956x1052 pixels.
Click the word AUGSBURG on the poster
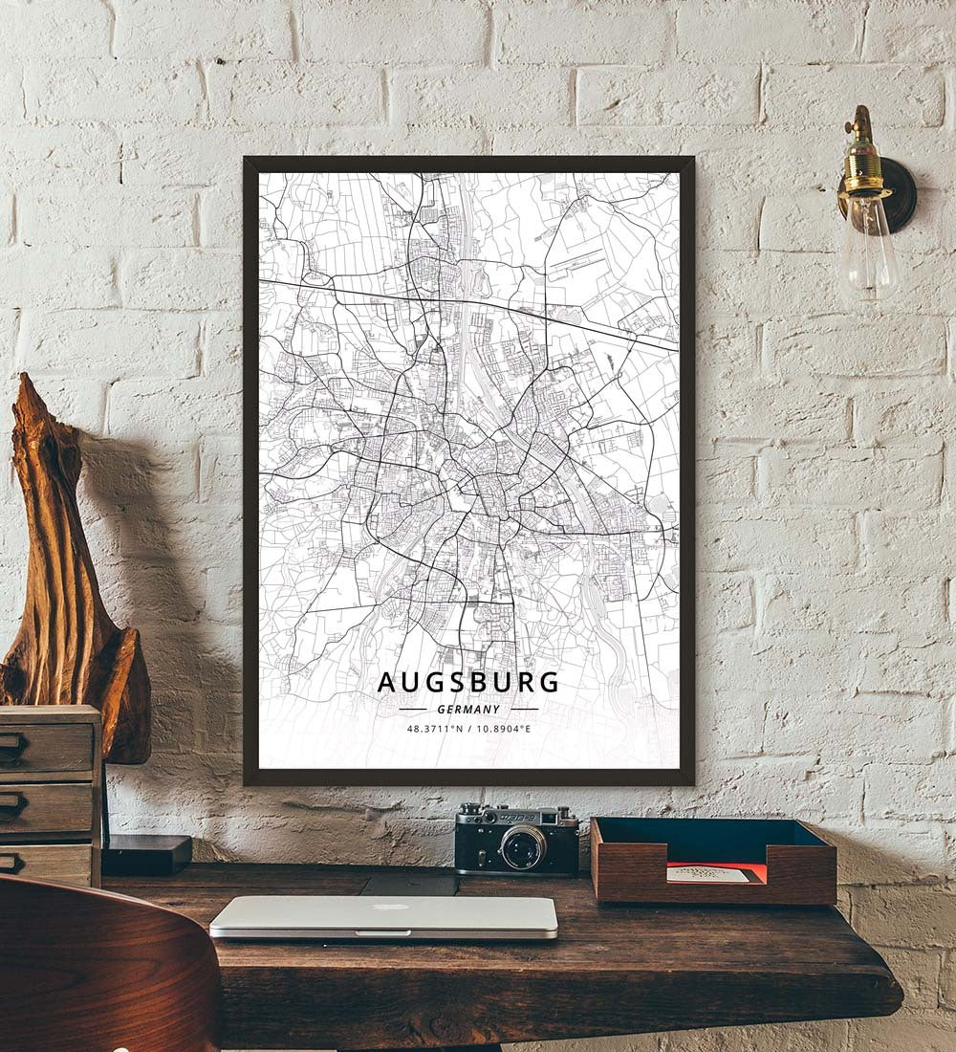pyautogui.click(x=467, y=682)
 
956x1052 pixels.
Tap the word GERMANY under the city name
pyautogui.click(x=468, y=710)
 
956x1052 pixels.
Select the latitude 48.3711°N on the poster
pyautogui.click(x=436, y=729)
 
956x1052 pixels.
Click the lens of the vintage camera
pyautogui.click(x=524, y=846)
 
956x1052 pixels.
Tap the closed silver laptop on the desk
pyautogui.click(x=383, y=916)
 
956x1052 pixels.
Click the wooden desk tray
pyautogui.click(x=712, y=861)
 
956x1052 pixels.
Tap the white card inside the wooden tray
pyautogui.click(x=706, y=874)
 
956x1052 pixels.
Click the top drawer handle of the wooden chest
pyautogui.click(x=11, y=745)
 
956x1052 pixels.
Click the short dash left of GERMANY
pyautogui.click(x=412, y=710)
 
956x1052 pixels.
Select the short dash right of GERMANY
pyautogui.click(x=525, y=710)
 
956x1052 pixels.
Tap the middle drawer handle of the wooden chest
pyautogui.click(x=11, y=802)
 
